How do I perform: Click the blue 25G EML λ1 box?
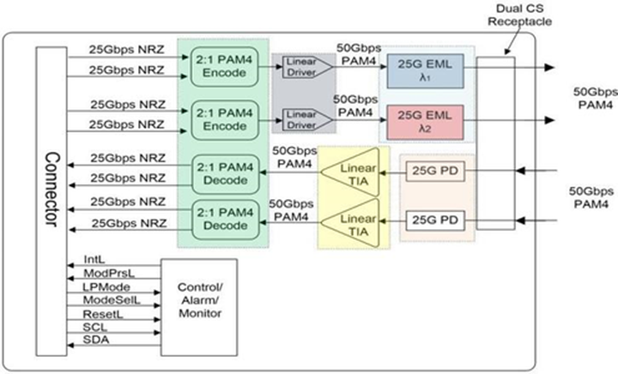tap(425, 71)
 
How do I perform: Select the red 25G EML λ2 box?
tap(425, 122)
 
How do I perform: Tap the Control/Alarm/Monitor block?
tap(199, 307)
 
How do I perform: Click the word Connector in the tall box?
tap(52, 190)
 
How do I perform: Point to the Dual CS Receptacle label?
tap(519, 15)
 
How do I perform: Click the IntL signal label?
tap(94, 260)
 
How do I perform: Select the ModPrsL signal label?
tap(109, 274)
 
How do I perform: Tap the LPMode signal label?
tap(106, 287)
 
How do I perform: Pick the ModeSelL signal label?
tap(112, 300)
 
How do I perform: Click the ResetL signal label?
tap(103, 314)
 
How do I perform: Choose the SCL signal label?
tap(95, 327)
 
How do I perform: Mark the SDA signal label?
tap(96, 340)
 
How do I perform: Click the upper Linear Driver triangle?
tap(307, 67)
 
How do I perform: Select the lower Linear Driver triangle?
tap(307, 120)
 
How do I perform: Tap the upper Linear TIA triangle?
tap(350, 172)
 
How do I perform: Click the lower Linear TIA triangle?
tap(350, 223)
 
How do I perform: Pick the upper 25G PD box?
tap(435, 171)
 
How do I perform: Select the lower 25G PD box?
tap(435, 220)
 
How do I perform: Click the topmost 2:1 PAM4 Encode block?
tap(224, 67)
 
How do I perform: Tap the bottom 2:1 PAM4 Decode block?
tap(226, 220)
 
